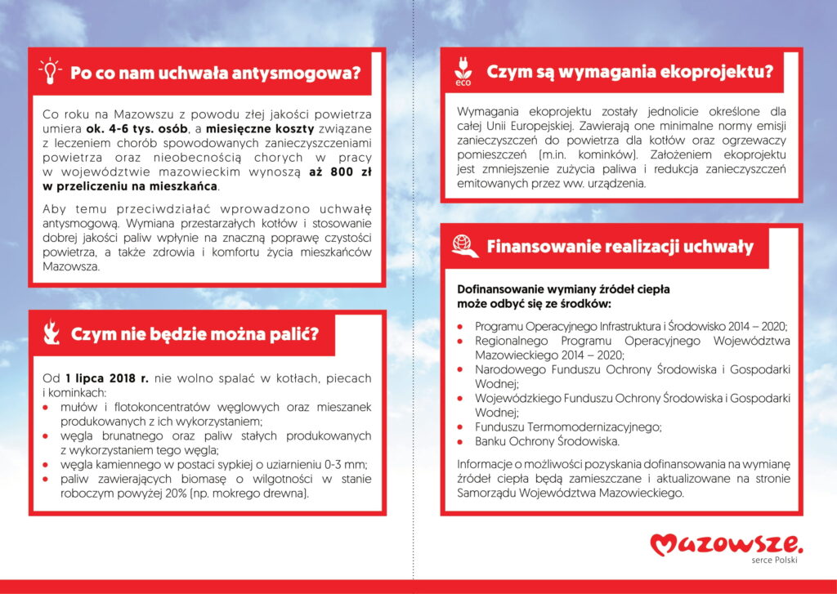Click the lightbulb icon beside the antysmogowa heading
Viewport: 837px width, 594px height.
tap(51, 71)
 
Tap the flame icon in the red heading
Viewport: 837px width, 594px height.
tap(51, 333)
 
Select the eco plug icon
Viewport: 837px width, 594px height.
tap(463, 71)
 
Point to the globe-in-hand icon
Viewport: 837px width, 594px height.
tap(463, 246)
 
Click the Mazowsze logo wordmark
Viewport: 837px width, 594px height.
tap(727, 543)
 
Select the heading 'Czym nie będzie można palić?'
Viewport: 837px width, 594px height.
tap(195, 333)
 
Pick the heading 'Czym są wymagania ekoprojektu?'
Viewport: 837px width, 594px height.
tap(629, 72)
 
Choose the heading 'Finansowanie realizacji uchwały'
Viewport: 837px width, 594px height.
tap(620, 247)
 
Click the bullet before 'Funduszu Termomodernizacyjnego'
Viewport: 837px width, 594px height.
tap(461, 427)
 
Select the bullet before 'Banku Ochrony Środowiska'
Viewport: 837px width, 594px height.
tap(461, 441)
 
